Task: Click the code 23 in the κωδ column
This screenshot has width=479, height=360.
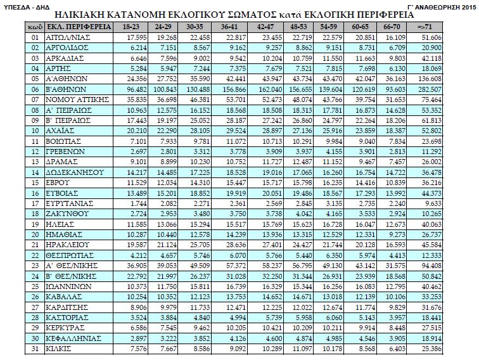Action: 35,264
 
